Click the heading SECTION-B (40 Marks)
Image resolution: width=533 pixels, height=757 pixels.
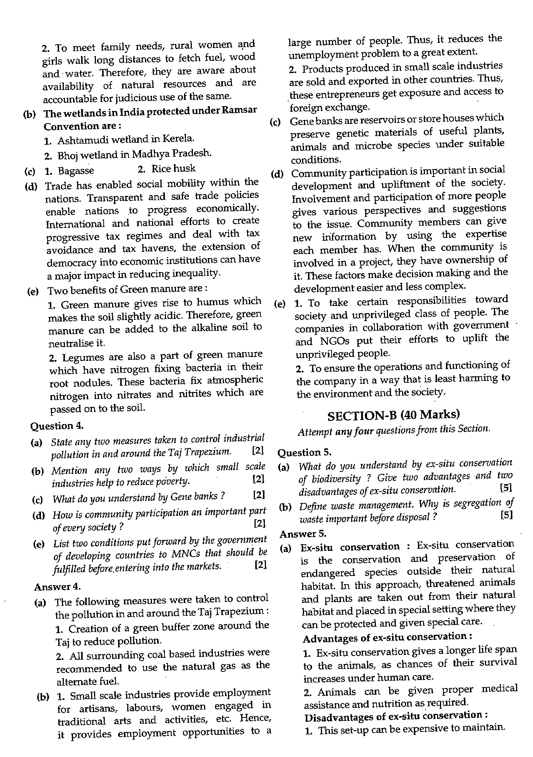tap(393, 415)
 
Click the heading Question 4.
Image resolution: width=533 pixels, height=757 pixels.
tap(57, 426)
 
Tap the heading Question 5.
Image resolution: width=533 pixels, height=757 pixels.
tap(304, 452)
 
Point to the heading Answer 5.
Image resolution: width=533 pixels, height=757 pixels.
tap(303, 534)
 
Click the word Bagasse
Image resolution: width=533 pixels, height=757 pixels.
tap(76, 171)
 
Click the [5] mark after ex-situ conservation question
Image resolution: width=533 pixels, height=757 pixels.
tap(506, 487)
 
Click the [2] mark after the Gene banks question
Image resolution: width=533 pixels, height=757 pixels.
tap(259, 495)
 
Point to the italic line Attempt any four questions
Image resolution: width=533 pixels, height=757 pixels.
tap(394, 430)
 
